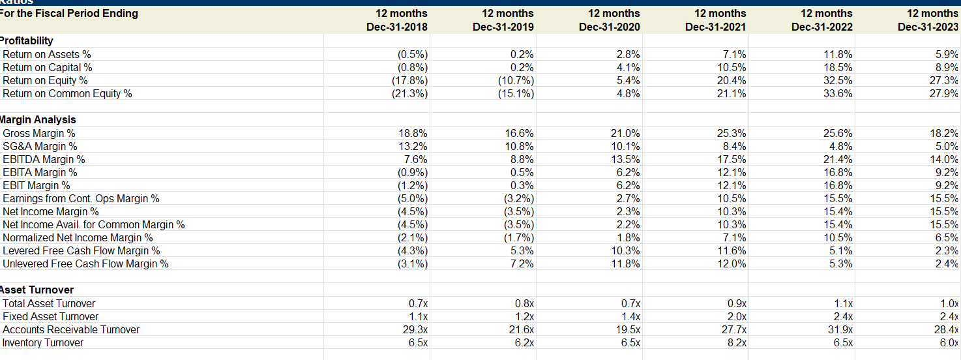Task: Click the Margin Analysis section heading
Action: pos(38,120)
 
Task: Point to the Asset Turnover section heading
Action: pos(37,290)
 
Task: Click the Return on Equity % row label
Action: pos(45,81)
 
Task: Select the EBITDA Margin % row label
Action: pos(44,159)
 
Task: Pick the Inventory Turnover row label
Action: pos(43,342)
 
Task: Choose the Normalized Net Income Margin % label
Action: pos(78,237)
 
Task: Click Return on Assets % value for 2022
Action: pos(838,55)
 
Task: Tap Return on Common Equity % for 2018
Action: pos(413,94)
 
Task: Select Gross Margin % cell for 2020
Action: pos(627,133)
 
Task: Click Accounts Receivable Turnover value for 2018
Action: pos(415,329)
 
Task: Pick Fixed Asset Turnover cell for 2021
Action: pos(737,316)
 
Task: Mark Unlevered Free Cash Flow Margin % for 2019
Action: pos(523,263)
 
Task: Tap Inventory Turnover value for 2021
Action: pos(737,342)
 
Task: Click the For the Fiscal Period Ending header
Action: pos(70,14)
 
